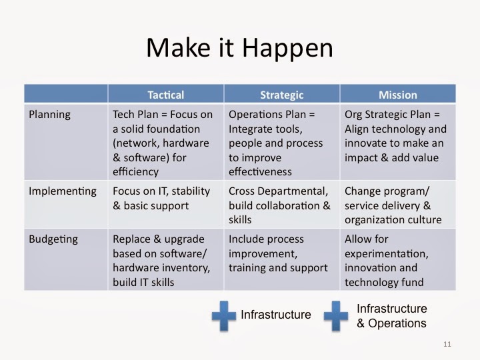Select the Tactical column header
[165, 95]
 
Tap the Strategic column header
[281, 95]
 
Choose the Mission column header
[398, 95]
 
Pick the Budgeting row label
[53, 239]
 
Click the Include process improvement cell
[278, 254]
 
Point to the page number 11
[447, 345]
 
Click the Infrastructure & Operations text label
[392, 316]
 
